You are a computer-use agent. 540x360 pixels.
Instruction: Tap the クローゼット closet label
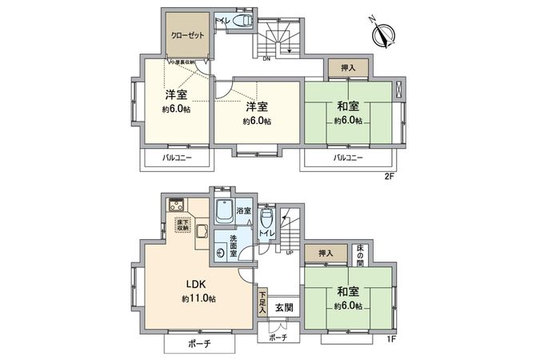(x=188, y=36)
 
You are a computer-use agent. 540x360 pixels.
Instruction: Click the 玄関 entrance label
(x=283, y=306)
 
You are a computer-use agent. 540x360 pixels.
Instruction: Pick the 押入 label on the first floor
(x=325, y=254)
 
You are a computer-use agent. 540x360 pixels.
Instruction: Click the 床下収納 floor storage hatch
(x=183, y=226)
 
